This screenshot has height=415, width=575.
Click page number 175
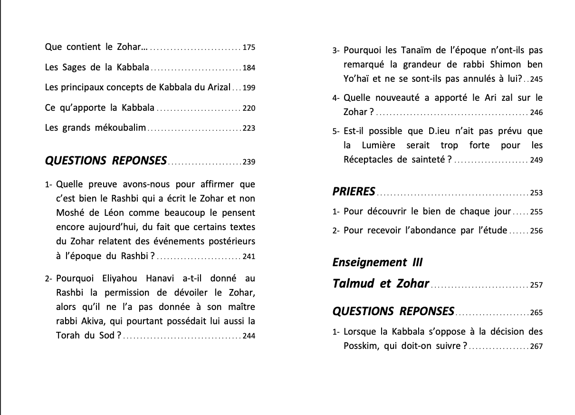coord(249,48)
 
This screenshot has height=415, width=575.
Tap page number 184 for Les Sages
coord(249,68)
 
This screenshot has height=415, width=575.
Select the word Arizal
coord(217,87)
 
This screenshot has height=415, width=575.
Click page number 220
coord(249,108)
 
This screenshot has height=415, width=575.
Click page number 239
coord(249,162)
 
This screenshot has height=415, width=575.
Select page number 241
coord(249,257)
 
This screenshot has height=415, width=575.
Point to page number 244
coord(249,336)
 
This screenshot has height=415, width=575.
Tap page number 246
coord(536,113)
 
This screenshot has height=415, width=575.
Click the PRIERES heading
coord(354,192)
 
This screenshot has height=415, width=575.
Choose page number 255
coord(536,212)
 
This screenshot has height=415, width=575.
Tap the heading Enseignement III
coord(377,262)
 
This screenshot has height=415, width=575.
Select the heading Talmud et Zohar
coord(381,284)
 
